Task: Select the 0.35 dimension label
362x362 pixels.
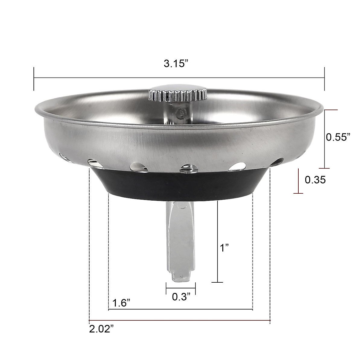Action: pyautogui.click(x=315, y=180)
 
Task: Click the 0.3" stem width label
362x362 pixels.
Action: pyautogui.click(x=181, y=297)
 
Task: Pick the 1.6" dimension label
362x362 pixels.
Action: pyautogui.click(x=122, y=303)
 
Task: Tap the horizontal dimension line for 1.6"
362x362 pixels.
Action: pyautogui.click(x=180, y=310)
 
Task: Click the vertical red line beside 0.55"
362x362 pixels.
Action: pyautogui.click(x=325, y=139)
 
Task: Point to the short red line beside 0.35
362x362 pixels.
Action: pyautogui.click(x=298, y=181)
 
